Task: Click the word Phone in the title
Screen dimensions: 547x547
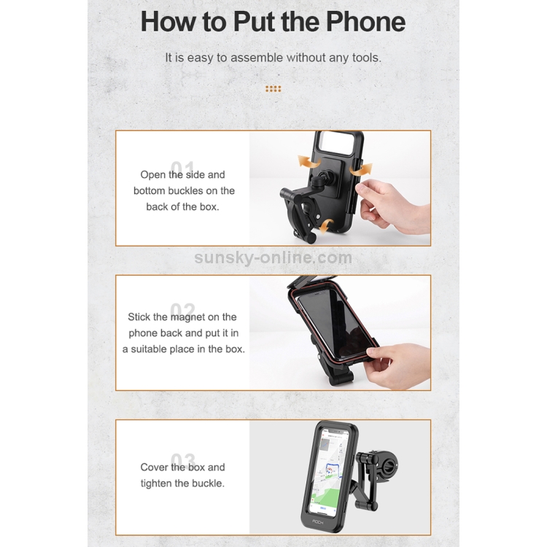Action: pos(365,22)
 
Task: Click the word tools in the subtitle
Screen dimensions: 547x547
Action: pos(366,58)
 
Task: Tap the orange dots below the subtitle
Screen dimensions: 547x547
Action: pos(273,89)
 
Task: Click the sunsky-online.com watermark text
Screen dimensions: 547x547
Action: pos(273,257)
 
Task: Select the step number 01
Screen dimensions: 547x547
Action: pos(182,167)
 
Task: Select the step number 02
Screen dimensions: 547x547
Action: pos(182,309)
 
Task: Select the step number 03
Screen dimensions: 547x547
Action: pos(183,459)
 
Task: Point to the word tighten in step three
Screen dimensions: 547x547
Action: pos(156,484)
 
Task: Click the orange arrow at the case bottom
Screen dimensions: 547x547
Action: pos(327,226)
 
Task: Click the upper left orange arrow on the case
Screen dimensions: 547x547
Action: pos(309,163)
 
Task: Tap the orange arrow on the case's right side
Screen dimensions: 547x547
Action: pos(361,169)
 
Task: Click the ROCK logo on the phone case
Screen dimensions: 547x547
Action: pos(318,522)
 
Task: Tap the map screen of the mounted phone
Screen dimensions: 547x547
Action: pos(330,472)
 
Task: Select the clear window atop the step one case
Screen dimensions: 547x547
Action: pos(337,141)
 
